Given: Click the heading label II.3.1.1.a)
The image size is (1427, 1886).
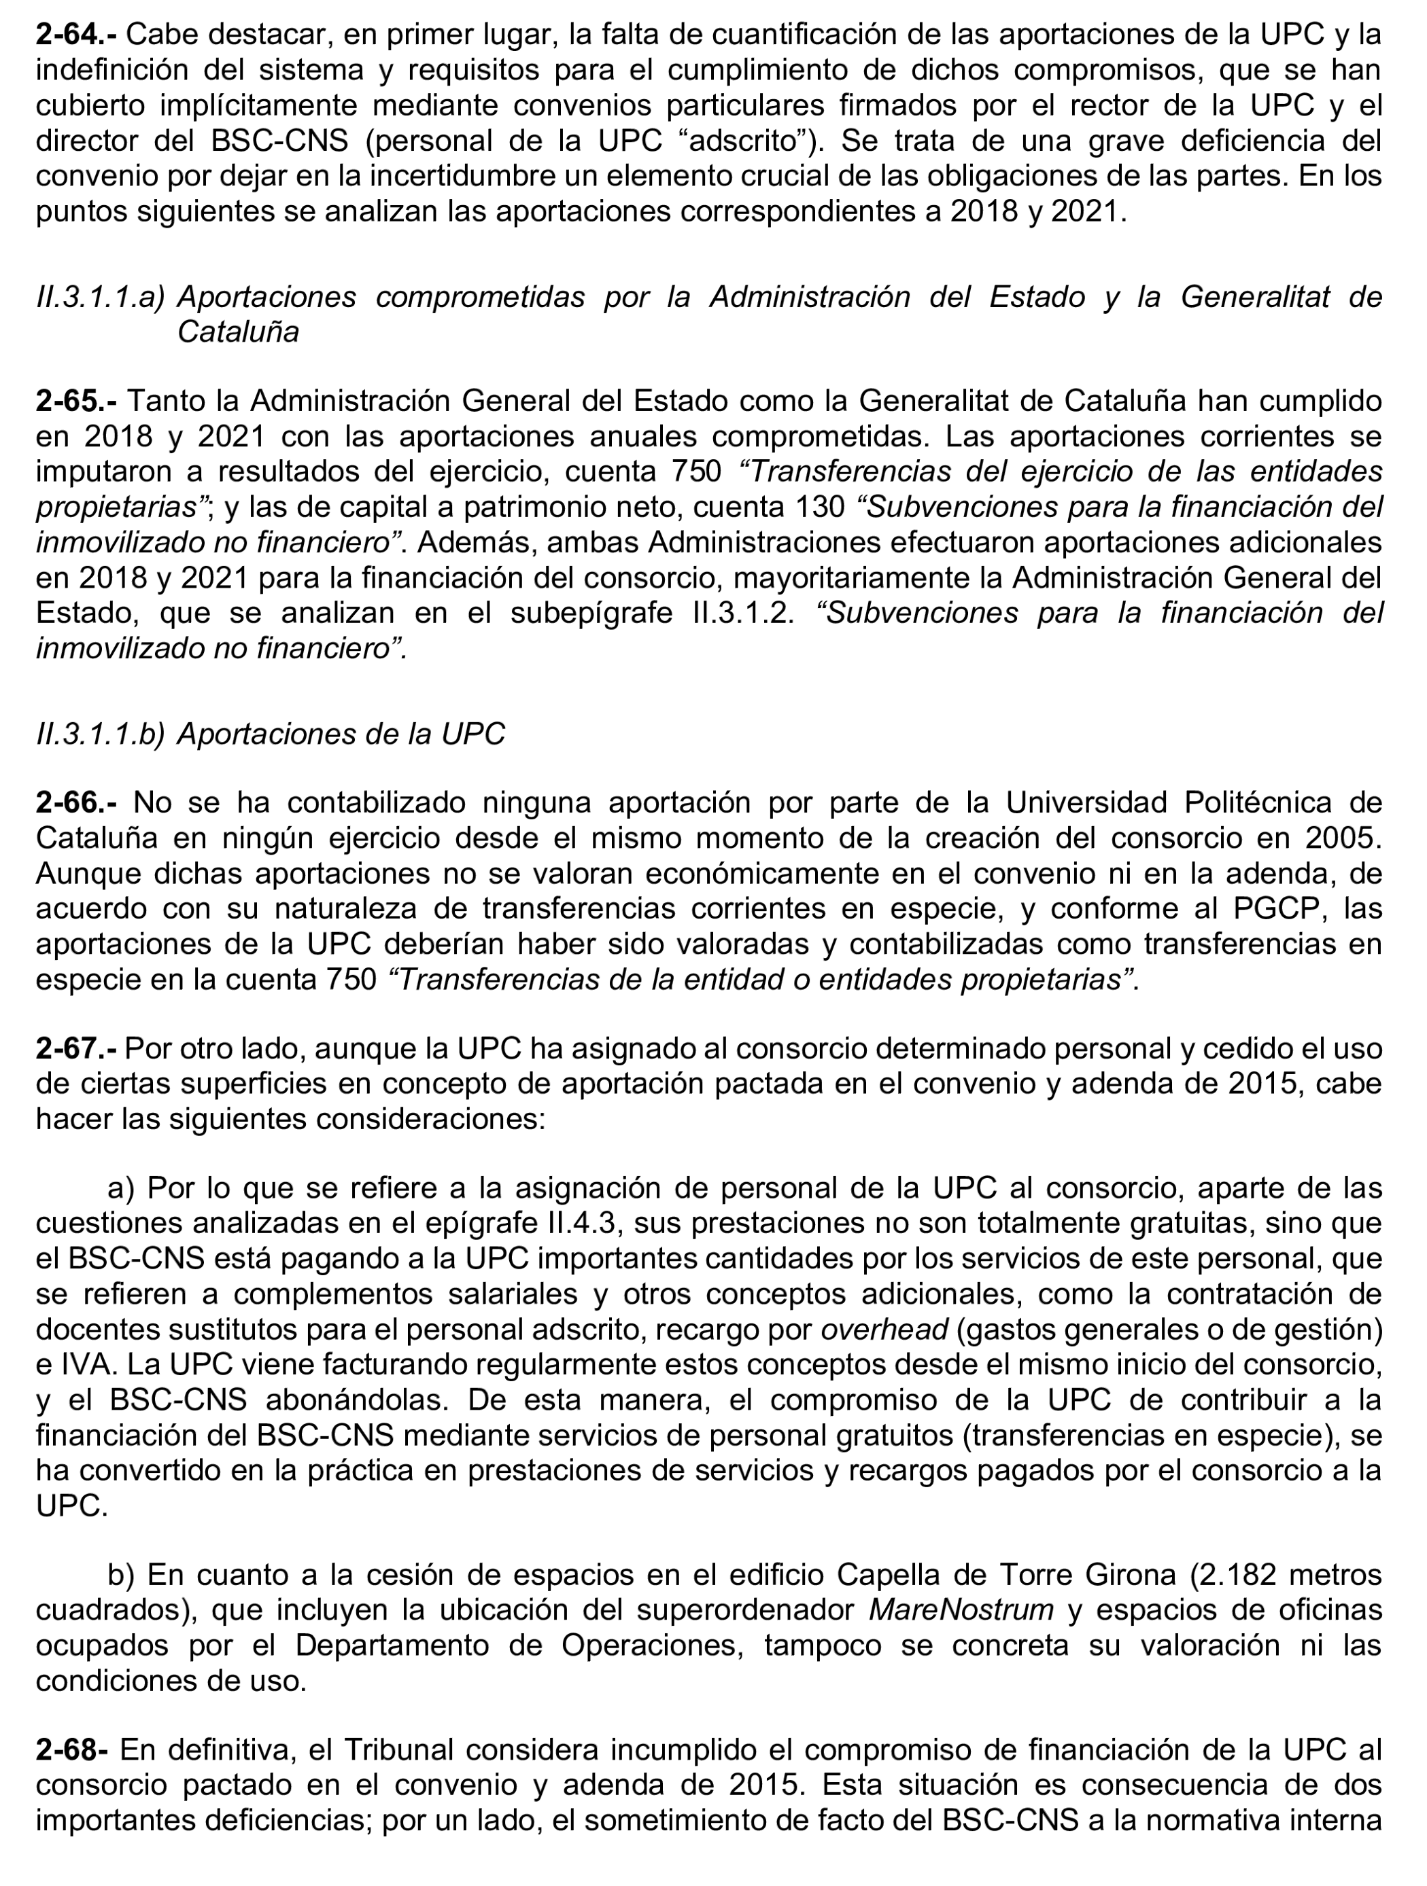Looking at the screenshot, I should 101,297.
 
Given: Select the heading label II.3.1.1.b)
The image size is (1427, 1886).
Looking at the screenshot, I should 101,734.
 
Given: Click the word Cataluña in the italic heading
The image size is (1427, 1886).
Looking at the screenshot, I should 238,332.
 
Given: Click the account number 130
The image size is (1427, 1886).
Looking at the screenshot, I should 821,508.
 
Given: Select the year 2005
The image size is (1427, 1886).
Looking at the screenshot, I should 1343,838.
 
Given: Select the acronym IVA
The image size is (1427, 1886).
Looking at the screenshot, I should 80,1365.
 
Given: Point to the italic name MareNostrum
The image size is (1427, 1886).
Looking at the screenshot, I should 961,1609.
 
